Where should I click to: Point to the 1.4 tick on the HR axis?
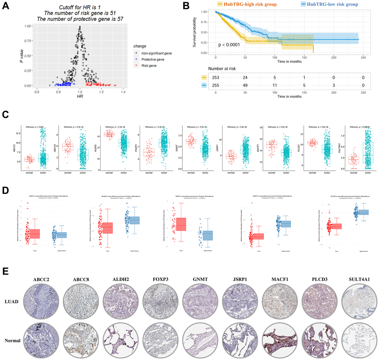(x=123, y=92)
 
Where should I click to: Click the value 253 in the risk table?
(x=216, y=77)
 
